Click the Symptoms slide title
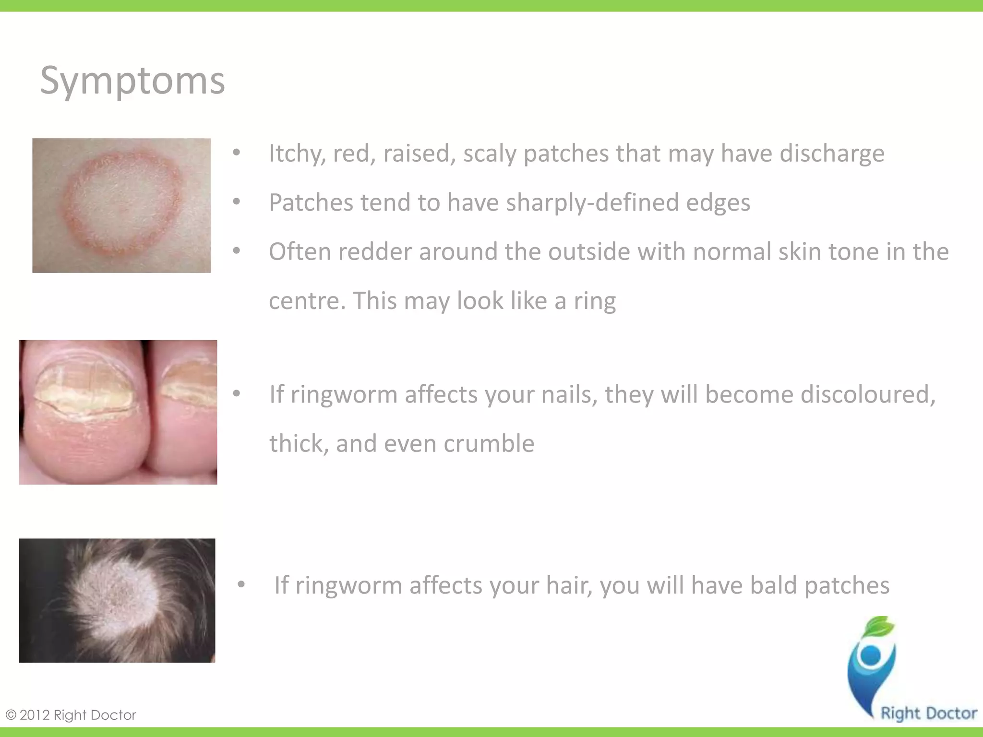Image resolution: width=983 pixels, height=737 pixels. pyautogui.click(x=132, y=81)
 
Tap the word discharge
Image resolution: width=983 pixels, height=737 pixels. pyautogui.click(x=831, y=154)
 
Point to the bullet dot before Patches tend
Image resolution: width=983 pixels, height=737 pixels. pyautogui.click(x=236, y=202)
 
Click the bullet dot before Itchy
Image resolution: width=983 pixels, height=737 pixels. pyautogui.click(x=236, y=153)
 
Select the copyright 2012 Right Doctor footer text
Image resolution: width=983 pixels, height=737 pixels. pyautogui.click(x=71, y=715)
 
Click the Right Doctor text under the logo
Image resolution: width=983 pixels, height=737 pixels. pyautogui.click(x=929, y=713)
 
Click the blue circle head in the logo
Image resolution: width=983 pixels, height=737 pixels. pyautogui.click(x=871, y=655)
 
